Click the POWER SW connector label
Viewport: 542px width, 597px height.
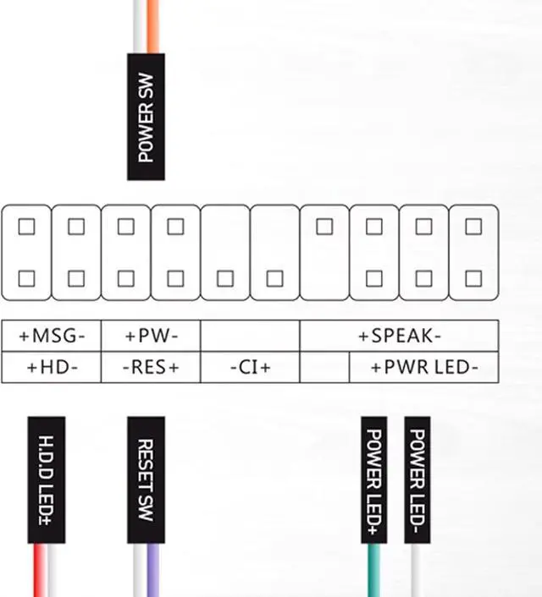146,117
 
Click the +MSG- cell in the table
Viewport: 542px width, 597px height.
52,336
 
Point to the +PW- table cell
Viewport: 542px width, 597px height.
151,336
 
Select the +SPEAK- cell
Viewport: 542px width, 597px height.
399,336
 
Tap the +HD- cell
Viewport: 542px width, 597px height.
52,368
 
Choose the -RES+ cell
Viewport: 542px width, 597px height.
151,368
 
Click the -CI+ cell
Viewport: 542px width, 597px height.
250,368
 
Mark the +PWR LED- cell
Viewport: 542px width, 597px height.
423,368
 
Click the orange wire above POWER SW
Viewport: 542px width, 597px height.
152,25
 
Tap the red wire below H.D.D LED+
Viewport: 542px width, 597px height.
39,570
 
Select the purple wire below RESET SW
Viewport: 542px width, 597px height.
153,570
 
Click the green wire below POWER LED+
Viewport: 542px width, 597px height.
373,570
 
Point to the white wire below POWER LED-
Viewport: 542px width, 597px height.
417,570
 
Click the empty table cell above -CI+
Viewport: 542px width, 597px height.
250,336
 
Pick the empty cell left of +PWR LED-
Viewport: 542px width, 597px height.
324,368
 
